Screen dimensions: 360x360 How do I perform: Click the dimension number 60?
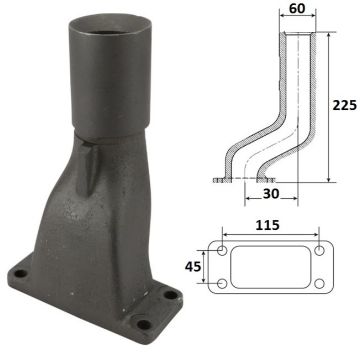[297, 8]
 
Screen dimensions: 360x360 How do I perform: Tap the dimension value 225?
[345, 105]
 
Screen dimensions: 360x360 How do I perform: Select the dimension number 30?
[271, 194]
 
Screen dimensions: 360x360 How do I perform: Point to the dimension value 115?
[267, 225]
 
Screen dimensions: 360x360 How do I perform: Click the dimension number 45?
[193, 266]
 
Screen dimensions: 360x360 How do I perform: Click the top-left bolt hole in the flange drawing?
[222, 250]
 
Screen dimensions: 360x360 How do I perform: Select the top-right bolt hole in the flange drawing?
[320, 250]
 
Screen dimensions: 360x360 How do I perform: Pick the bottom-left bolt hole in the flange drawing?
[222, 284]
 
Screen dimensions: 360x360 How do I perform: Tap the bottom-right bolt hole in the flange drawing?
[320, 284]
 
